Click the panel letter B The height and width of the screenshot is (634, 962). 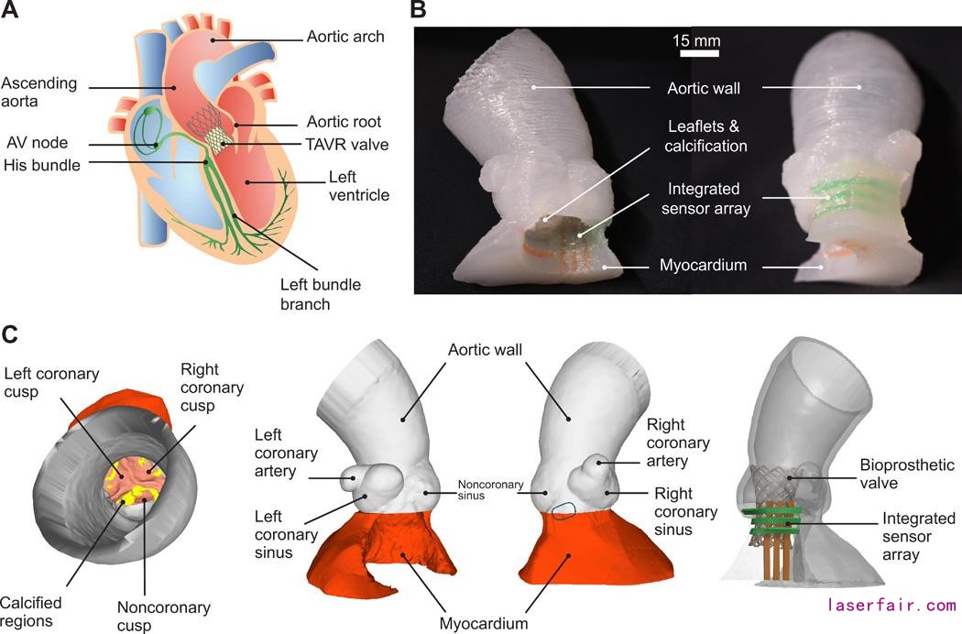coord(418,11)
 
